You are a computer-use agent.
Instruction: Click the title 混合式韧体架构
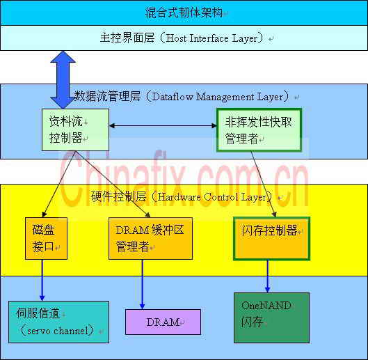click(184, 13)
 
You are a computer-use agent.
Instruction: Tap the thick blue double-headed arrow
click(63, 79)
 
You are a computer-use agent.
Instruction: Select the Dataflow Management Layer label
click(218, 97)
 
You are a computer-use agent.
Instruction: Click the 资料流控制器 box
click(75, 130)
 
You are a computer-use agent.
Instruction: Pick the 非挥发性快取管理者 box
click(259, 130)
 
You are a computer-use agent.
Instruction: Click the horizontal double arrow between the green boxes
click(163, 126)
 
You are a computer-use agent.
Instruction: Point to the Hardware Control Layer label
click(212, 197)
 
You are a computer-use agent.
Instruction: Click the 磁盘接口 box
click(46, 238)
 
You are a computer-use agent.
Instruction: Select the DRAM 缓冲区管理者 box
click(150, 238)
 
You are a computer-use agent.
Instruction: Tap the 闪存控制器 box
click(271, 239)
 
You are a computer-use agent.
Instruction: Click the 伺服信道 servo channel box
click(58, 322)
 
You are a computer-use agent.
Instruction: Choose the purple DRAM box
click(163, 322)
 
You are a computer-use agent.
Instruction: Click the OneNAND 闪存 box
click(271, 318)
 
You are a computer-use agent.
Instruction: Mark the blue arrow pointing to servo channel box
click(42, 280)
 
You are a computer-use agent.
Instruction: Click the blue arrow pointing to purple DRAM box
click(142, 284)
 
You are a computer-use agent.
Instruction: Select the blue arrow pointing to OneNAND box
click(268, 276)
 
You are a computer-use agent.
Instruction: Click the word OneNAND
click(266, 306)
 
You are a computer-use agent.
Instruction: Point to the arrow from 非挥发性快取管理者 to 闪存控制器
click(263, 184)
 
